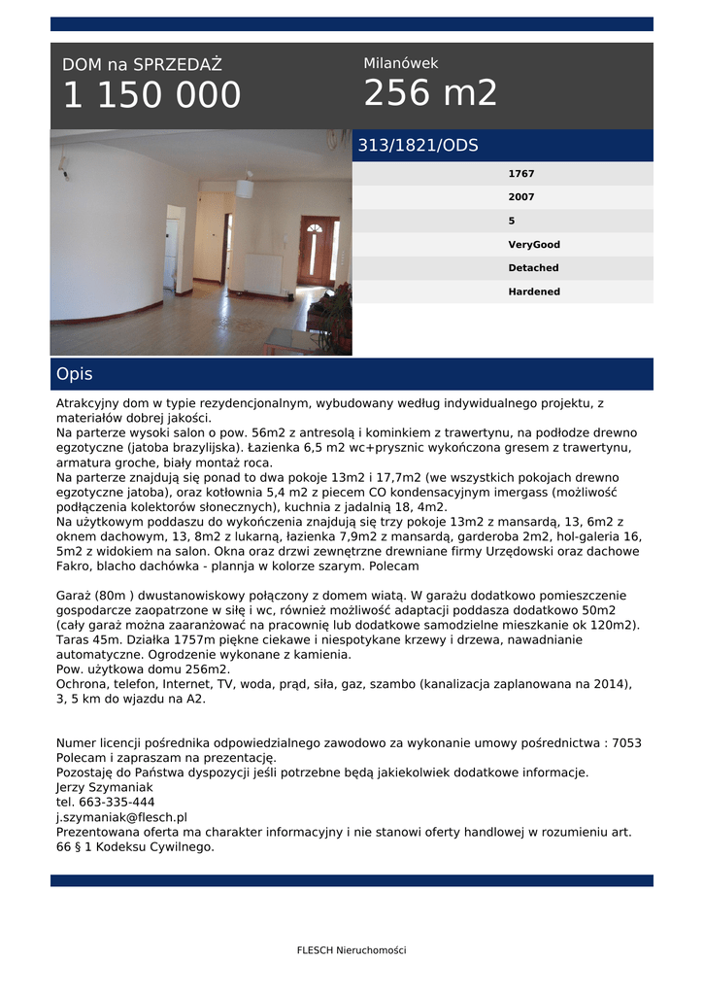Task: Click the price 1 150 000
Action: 151,96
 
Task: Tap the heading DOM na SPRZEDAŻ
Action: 142,65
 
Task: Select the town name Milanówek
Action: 401,63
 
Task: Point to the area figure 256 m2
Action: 430,93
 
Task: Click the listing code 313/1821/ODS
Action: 418,146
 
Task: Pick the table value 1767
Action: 521,174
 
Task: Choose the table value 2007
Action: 521,197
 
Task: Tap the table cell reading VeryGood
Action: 534,245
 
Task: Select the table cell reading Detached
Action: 533,268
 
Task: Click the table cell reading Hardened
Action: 534,292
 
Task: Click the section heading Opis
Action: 75,374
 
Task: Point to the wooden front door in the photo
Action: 317,249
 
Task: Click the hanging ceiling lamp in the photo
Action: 245,187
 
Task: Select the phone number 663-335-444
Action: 117,803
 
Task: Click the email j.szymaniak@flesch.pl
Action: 121,818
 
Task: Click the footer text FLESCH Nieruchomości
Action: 352,950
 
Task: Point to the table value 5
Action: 512,221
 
